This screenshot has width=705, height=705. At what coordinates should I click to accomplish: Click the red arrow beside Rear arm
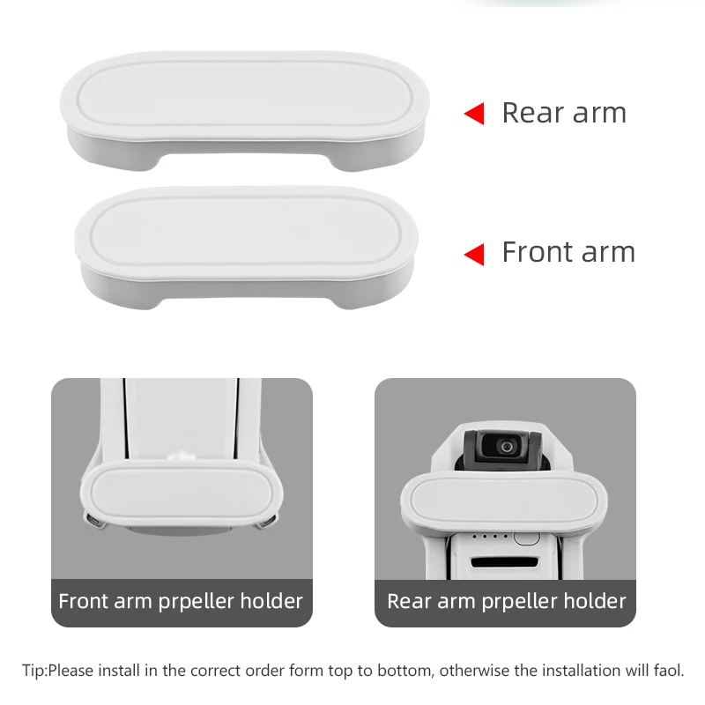click(x=474, y=114)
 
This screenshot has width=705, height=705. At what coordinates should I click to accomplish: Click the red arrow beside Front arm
click(x=474, y=255)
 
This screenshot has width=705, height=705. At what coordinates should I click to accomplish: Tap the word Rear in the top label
click(x=534, y=113)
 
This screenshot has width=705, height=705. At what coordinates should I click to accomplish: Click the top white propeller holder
click(x=245, y=111)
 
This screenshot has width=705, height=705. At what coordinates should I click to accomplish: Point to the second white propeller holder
click(x=247, y=248)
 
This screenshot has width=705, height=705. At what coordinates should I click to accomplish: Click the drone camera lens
click(x=506, y=447)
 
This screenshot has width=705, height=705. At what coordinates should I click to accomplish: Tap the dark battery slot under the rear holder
click(x=504, y=561)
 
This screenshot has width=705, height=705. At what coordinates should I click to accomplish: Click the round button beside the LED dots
click(x=526, y=538)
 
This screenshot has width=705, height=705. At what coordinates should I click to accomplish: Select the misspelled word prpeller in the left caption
click(x=196, y=602)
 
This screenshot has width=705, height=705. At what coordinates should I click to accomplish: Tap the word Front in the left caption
click(x=83, y=601)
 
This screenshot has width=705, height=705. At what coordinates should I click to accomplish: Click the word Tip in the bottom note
click(x=33, y=671)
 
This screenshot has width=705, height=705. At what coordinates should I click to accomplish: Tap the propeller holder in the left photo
click(x=182, y=493)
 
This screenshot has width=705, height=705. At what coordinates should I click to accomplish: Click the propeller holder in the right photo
click(x=504, y=501)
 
